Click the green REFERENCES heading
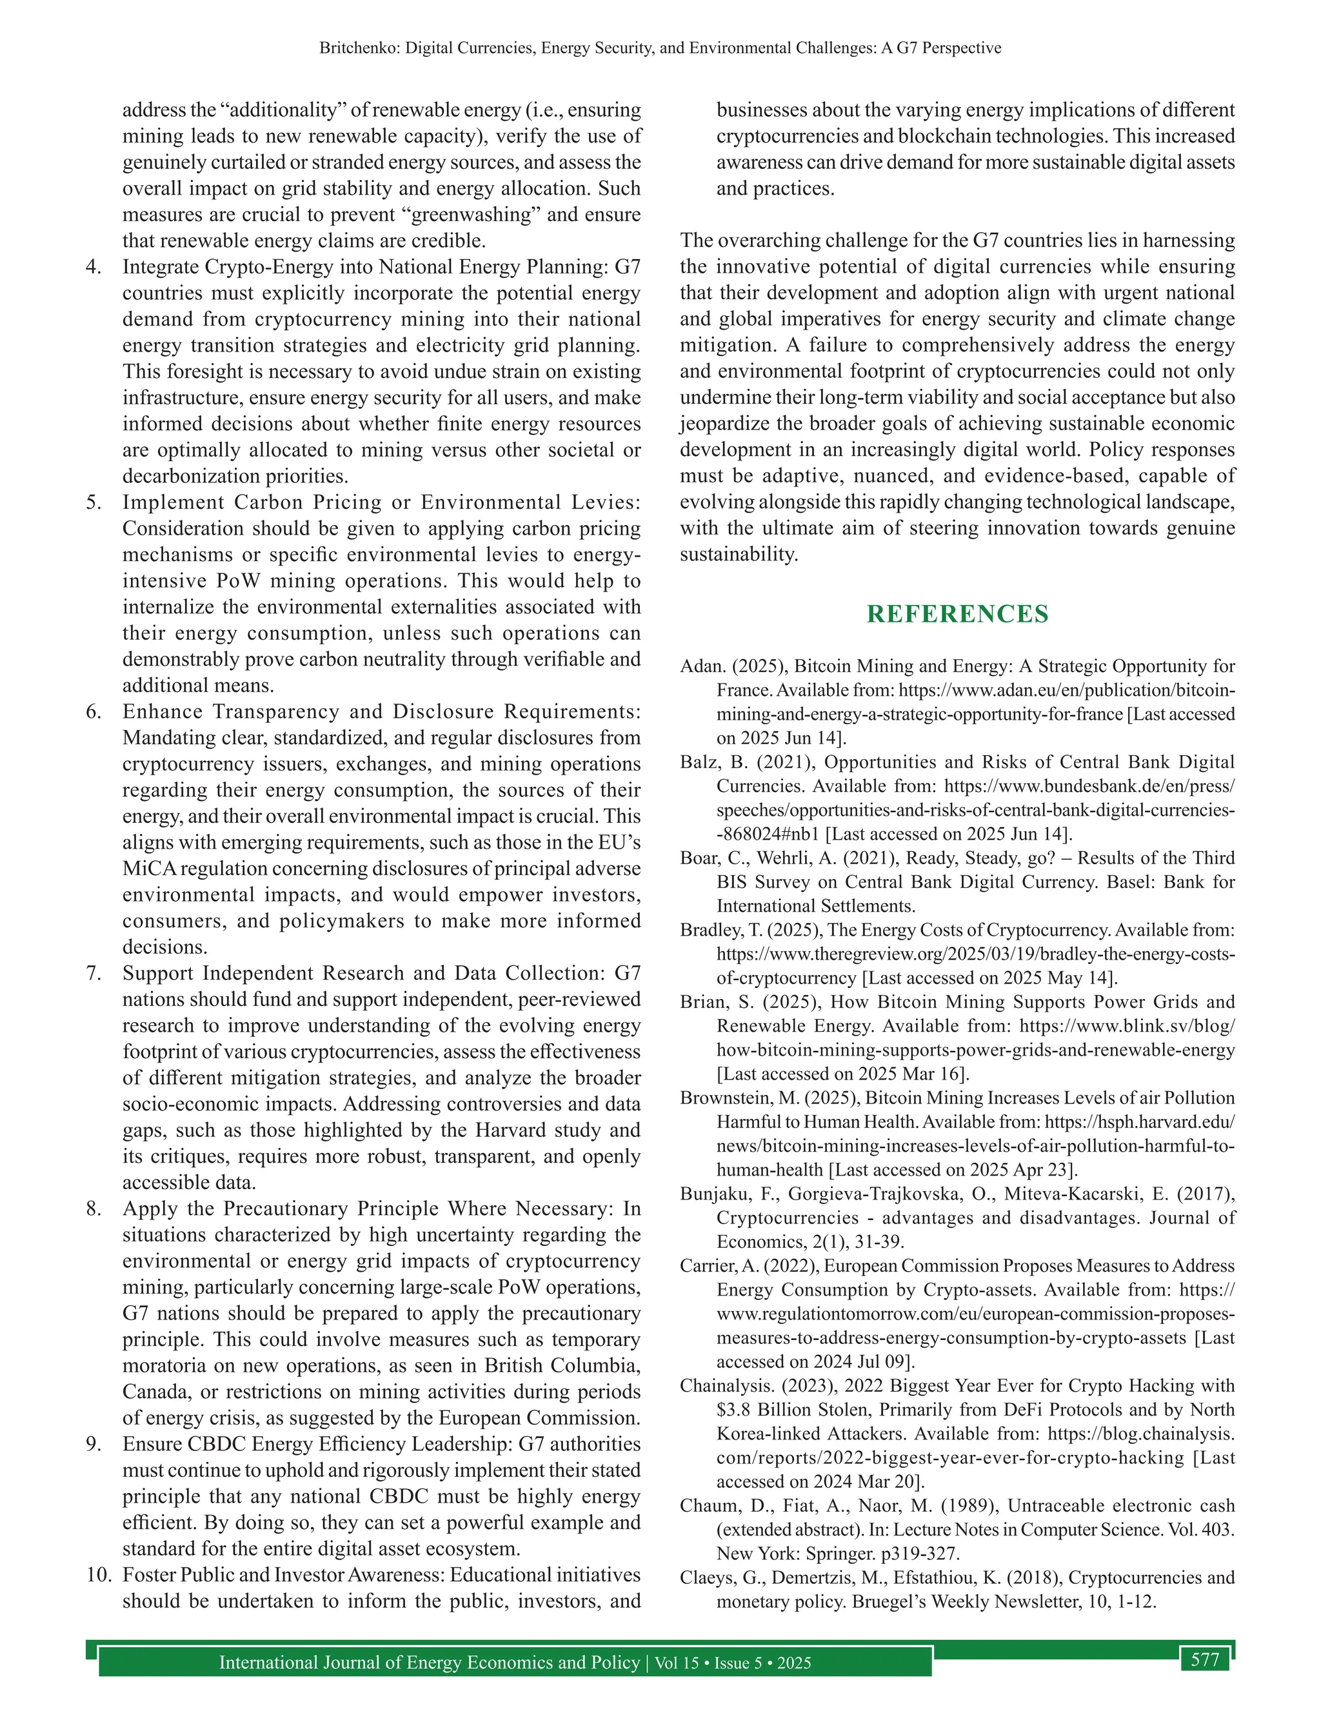[x=957, y=614]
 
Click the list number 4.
[x=94, y=267]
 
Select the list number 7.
[x=94, y=973]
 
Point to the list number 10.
[x=99, y=1576]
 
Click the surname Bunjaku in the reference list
[x=711, y=1194]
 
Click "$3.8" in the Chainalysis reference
[x=733, y=1410]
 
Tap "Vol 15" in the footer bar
[x=676, y=1663]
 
